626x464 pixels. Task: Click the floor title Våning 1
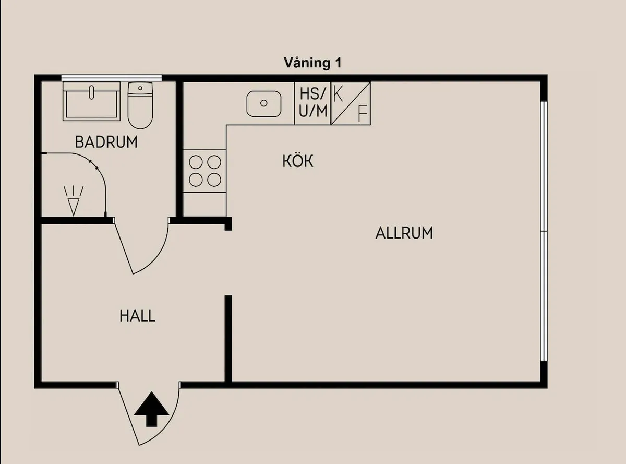(x=312, y=63)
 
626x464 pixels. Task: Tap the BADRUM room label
(x=106, y=142)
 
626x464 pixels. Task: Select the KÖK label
(x=298, y=161)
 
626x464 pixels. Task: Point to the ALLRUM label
(x=404, y=233)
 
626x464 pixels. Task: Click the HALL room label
(x=137, y=316)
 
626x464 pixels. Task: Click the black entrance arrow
(x=151, y=409)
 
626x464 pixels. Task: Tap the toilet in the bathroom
(x=140, y=105)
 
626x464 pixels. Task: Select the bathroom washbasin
(x=91, y=101)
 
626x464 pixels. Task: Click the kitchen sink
(x=263, y=103)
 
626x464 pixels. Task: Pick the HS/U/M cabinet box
(x=312, y=103)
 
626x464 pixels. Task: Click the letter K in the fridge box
(x=338, y=94)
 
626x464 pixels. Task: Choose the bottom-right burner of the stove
(x=214, y=180)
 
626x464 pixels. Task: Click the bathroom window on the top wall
(x=111, y=78)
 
